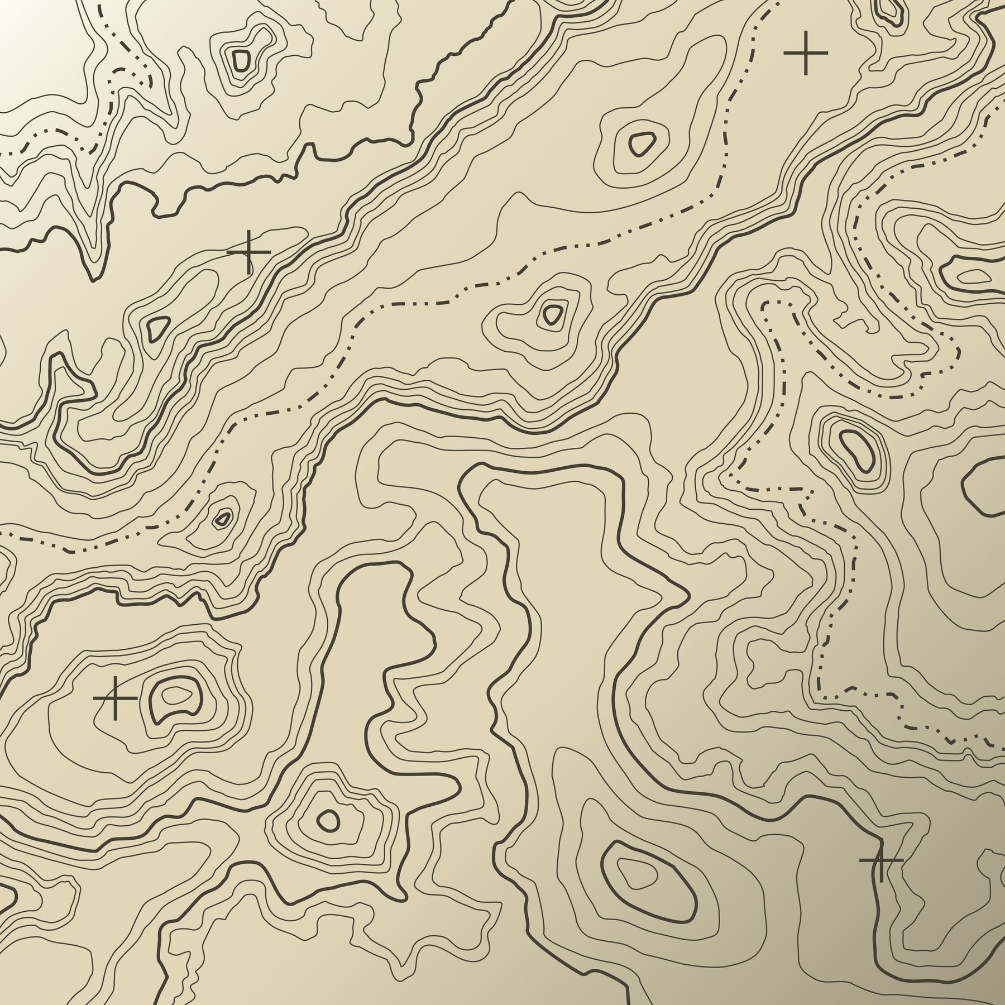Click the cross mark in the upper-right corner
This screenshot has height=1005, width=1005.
[x=805, y=52]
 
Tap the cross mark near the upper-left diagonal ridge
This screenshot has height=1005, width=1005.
[x=248, y=252]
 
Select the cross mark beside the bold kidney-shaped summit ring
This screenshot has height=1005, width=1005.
[x=115, y=698]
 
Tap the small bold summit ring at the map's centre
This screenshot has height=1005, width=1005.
[x=553, y=314]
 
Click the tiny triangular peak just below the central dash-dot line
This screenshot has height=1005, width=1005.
[x=223, y=518]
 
